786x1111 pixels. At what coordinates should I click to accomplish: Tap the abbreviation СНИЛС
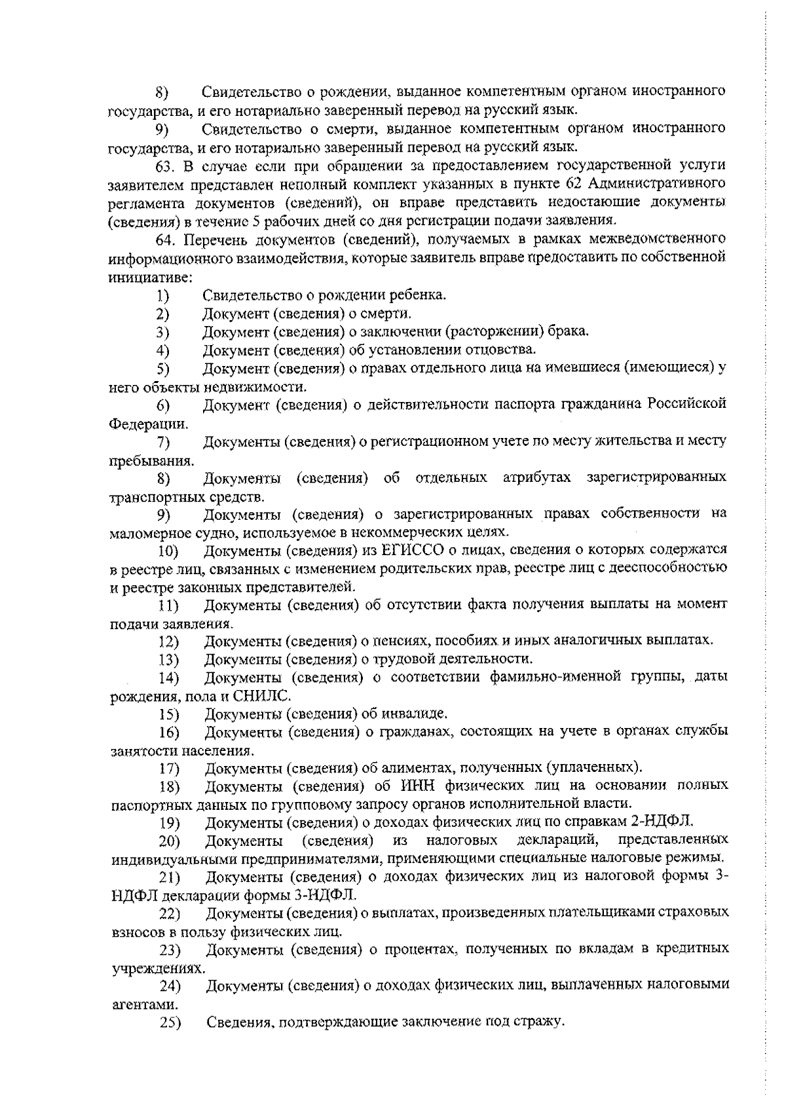[x=267, y=695]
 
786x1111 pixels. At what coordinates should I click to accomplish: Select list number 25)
[x=170, y=1023]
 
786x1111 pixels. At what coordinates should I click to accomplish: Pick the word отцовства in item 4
[x=504, y=348]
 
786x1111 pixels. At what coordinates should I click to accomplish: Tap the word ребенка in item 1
[x=420, y=295]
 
